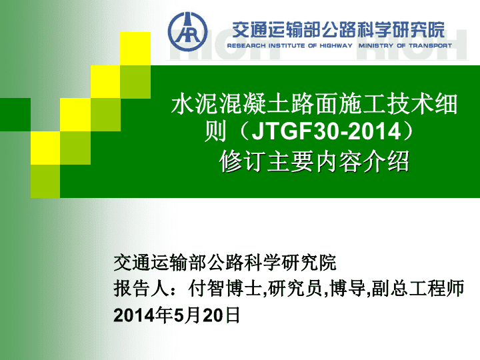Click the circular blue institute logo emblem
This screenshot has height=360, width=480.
point(187,31)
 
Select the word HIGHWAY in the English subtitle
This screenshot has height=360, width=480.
point(336,45)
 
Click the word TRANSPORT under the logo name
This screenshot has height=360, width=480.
point(430,45)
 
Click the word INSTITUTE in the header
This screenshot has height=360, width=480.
point(287,45)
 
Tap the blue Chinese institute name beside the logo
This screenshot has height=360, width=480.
point(338,30)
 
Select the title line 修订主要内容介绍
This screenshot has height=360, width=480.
point(314,161)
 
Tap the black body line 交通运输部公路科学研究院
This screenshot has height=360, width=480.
point(225,263)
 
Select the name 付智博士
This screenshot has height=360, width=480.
point(225,289)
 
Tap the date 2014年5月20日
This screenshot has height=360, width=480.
point(177,315)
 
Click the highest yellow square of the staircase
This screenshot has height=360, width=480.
point(135,49)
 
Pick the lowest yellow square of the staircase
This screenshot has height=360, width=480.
point(45,148)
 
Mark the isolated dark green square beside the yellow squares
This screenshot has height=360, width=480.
point(15,115)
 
